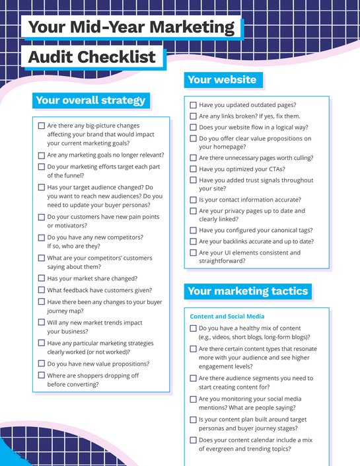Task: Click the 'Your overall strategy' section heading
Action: pos(90,100)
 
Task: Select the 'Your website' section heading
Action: pos(222,80)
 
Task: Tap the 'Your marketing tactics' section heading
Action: pos(248,291)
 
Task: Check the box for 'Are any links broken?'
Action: pos(193,116)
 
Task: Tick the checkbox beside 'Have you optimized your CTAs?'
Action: pos(193,169)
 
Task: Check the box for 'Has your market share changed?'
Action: pos(42,279)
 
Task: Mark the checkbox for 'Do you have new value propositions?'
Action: pos(42,364)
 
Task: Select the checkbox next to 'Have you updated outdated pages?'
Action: pos(193,105)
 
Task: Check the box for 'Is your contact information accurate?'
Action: pos(193,200)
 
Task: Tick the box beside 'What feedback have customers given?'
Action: pos(42,290)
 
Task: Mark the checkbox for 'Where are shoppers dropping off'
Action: pos(42,375)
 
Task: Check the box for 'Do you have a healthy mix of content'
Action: pos(193,329)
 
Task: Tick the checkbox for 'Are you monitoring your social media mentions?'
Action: pos(193,399)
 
